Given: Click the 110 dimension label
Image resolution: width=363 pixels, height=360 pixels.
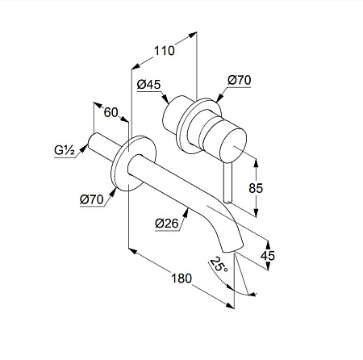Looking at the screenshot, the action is point(165,51).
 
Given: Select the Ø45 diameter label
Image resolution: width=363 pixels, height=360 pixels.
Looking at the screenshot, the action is point(148,85).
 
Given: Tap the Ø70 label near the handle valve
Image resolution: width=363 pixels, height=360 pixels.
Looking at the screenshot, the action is point(240,80).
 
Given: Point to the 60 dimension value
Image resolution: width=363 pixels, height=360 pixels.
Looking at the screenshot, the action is point(111,112).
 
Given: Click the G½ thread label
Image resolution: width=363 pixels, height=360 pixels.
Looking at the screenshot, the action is point(65,150).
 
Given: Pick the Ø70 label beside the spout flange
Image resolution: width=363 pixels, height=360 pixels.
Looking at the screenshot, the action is point(92,199).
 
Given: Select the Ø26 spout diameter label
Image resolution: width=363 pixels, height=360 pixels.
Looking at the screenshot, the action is point(167,224).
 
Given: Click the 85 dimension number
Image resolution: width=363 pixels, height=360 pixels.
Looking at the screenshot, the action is point(256,188).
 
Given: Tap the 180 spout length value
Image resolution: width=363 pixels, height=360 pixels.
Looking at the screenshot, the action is point(181,278).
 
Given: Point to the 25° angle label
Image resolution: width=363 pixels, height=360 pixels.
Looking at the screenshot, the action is point(219,265).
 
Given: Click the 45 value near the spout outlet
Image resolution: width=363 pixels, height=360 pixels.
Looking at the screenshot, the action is point(268,256).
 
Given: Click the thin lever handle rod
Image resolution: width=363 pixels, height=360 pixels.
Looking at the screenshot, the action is point(227,182).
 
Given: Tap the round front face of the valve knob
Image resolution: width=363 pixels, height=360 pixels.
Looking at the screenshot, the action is point(233,145).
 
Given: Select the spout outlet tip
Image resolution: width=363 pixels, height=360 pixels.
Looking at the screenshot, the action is point(233,249).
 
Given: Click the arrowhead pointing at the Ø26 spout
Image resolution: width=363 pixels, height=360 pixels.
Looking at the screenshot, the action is point(186,213).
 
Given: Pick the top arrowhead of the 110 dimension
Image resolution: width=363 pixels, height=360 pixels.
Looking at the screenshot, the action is point(193,35).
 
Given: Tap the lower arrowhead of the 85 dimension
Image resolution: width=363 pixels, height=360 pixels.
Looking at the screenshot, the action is point(256,213).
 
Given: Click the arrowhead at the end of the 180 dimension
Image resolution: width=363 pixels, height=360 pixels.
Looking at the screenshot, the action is point(230,305).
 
